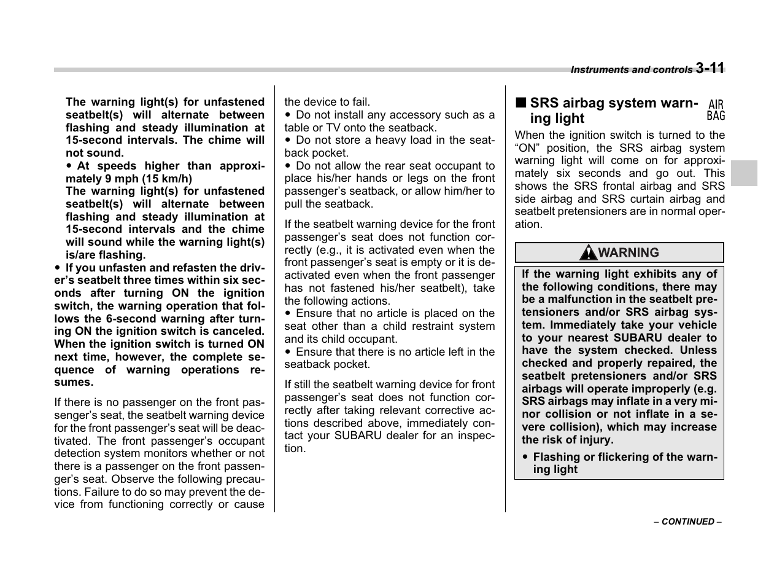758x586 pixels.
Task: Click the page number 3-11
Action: coord(710,68)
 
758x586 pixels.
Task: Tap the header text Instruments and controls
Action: coord(631,70)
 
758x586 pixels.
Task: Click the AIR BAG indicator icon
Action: coord(716,111)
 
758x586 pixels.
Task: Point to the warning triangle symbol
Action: coord(589,252)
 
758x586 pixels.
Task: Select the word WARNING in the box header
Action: coord(628,252)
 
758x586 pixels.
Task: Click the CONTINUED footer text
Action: coord(687,522)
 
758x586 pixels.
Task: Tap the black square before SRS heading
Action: coord(520,103)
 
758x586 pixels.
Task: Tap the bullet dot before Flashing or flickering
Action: coord(525,458)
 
